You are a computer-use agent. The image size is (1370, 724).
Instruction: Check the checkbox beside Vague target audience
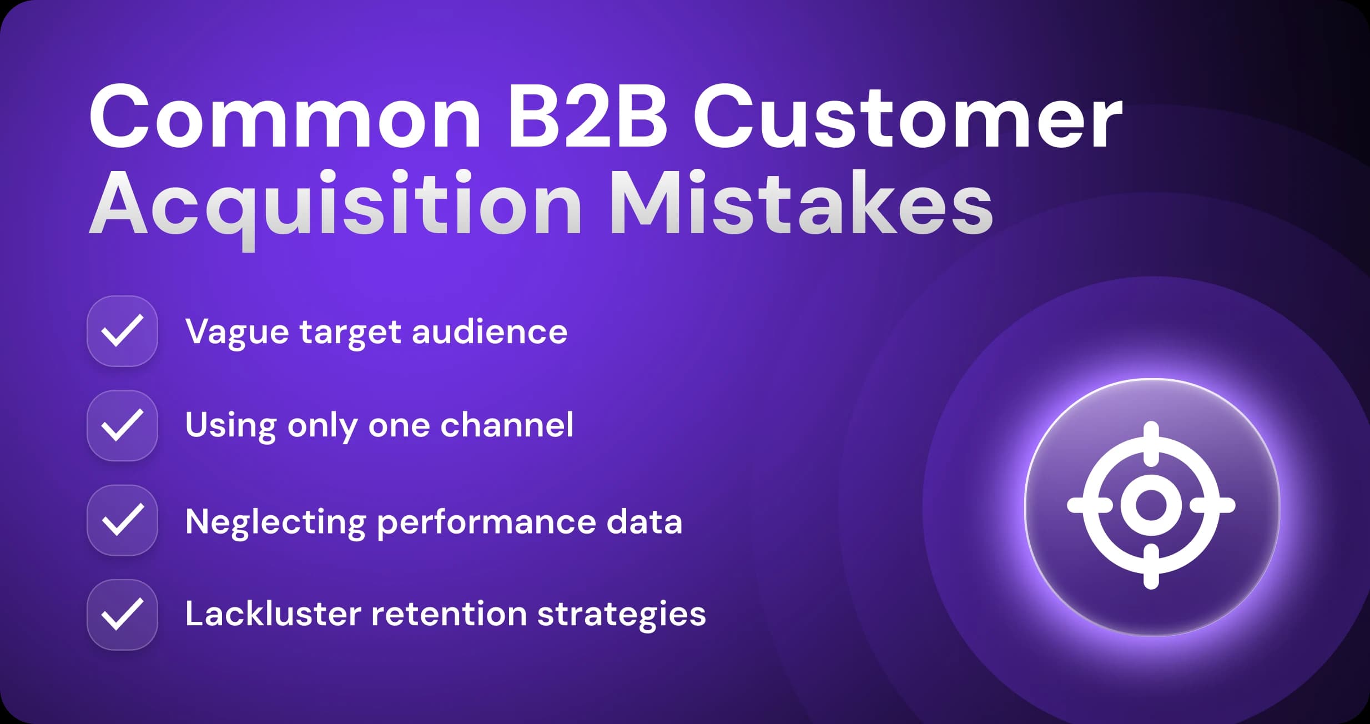[x=122, y=331]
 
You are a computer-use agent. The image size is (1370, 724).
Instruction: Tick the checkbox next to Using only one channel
[x=122, y=426]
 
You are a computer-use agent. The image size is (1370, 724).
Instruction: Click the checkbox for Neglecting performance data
[x=122, y=520]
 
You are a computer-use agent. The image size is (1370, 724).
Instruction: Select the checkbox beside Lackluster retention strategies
[x=122, y=615]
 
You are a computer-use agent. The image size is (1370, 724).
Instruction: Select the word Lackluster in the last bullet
[x=273, y=614]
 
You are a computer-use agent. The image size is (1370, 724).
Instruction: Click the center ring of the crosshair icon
[x=1151, y=505]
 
